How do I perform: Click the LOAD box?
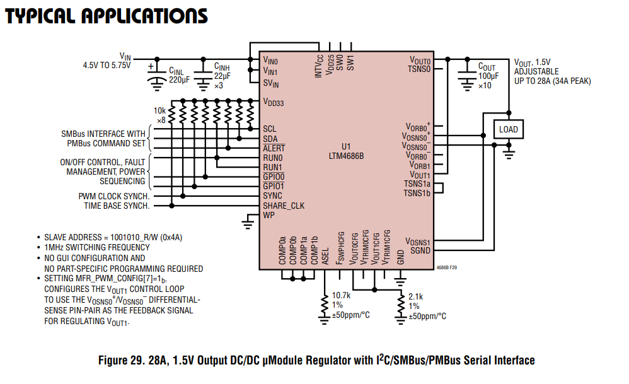(508, 129)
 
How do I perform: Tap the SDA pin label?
(270, 139)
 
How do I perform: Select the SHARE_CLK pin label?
(284, 206)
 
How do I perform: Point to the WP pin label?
(269, 216)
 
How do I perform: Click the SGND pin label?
(420, 250)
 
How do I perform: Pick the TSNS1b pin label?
(417, 193)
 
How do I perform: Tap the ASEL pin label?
(325, 255)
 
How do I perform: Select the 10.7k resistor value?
(341, 296)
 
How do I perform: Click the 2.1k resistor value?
(416, 296)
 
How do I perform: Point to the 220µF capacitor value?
(179, 80)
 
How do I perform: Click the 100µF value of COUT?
(487, 76)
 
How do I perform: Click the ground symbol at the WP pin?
(250, 221)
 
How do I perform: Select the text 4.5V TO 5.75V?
(107, 65)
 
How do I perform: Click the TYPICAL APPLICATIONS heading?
(106, 15)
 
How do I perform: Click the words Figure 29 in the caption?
(120, 361)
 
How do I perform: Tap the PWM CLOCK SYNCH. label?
(114, 196)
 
